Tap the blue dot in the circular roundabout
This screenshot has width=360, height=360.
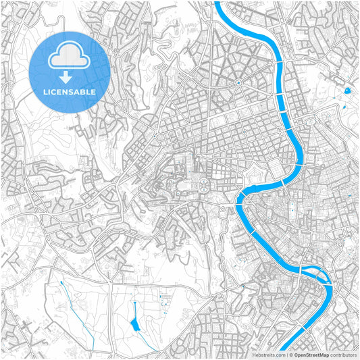click(238, 83)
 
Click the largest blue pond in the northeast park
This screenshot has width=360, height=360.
click(347, 90)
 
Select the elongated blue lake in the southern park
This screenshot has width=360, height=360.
click(135, 316)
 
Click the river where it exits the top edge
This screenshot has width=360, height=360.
click(220, 3)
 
